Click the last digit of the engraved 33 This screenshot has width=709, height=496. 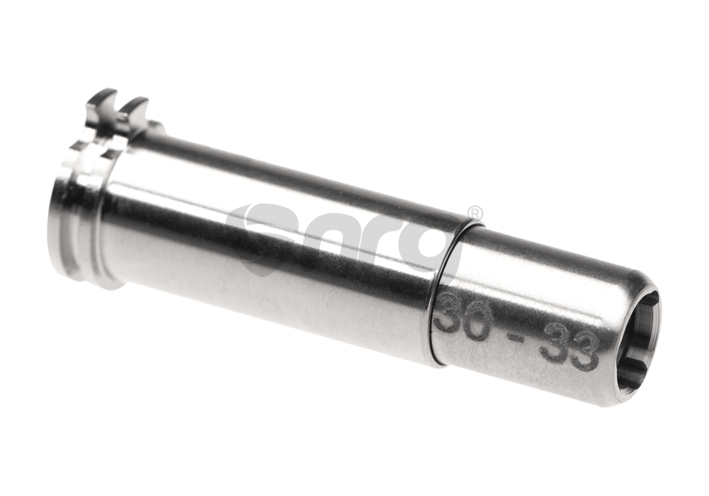pos(582,356)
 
